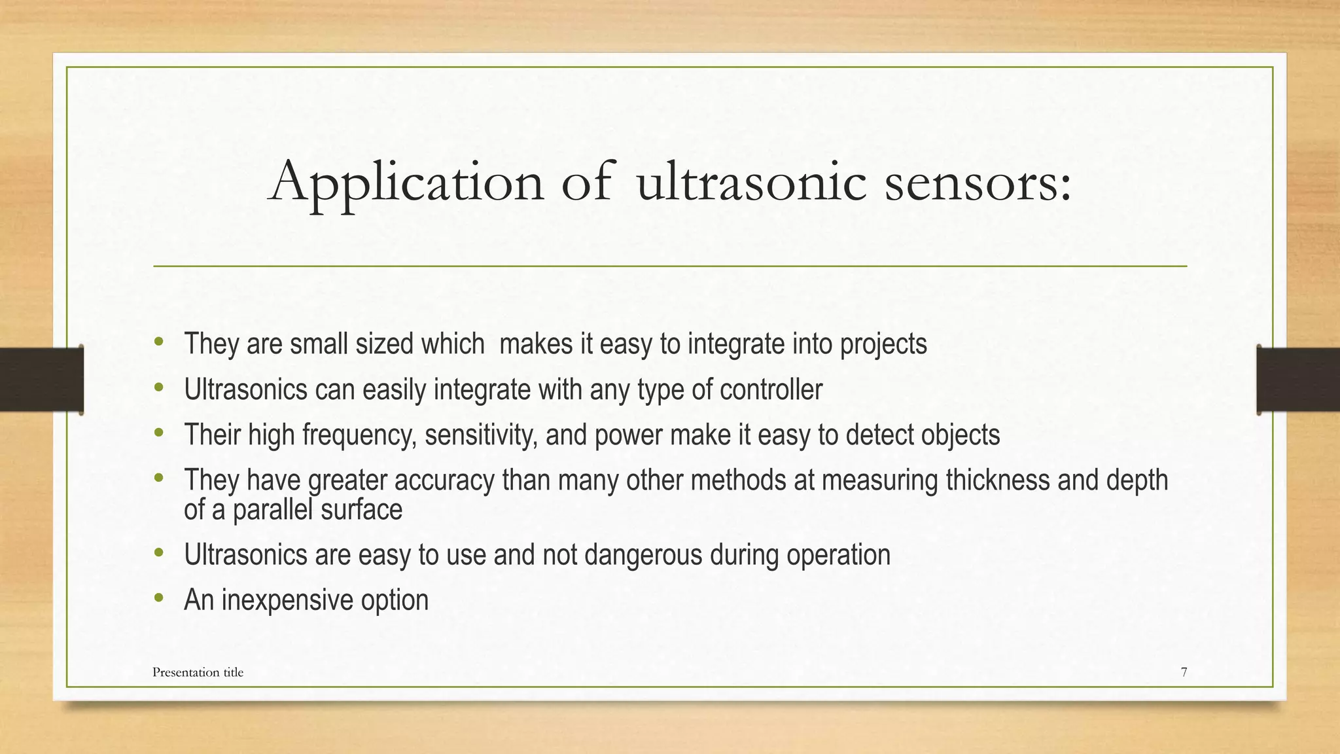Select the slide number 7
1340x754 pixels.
[1184, 672]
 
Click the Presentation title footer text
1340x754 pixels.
[198, 672]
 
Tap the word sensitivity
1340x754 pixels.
[482, 435]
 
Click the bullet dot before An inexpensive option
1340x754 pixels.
[159, 598]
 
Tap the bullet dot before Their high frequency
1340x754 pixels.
[159, 433]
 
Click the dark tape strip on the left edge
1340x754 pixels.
[41, 380]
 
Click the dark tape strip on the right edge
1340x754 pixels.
[1298, 380]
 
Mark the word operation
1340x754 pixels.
[838, 555]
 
